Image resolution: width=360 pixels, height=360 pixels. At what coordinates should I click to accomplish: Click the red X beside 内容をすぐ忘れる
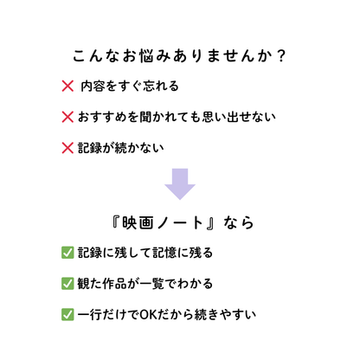tap(67, 86)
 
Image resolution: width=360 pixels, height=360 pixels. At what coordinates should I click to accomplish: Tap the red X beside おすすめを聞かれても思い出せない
tap(67, 117)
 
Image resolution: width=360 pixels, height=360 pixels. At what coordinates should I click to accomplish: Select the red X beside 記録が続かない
tap(67, 148)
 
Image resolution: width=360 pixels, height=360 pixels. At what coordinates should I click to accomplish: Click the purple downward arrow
tap(180, 183)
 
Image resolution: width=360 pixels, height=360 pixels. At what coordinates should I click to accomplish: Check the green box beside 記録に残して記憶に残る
tap(67, 253)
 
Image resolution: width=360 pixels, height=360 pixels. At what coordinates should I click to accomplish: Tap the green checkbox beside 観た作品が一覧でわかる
tap(67, 284)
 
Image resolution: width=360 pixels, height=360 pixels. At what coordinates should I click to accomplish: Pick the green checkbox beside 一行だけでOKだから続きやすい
tap(67, 314)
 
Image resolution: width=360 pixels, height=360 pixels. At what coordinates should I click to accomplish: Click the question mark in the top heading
tap(280, 55)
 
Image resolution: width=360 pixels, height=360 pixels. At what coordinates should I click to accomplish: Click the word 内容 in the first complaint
tap(93, 86)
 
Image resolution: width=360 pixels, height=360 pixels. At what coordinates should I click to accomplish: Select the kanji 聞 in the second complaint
tap(145, 117)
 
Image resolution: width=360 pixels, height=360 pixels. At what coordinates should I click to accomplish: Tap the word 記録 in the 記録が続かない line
tap(90, 148)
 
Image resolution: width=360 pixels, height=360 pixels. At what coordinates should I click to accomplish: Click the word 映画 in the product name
tap(138, 222)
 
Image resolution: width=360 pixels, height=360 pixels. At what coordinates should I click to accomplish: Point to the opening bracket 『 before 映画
tap(115, 222)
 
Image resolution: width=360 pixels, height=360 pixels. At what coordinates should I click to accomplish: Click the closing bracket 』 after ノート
tap(210, 223)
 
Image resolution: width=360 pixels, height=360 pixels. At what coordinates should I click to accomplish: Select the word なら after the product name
tap(239, 222)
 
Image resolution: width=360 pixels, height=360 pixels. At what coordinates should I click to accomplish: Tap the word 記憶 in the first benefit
tap(164, 253)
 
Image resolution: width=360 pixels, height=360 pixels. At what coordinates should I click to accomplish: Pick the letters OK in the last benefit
tap(148, 314)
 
